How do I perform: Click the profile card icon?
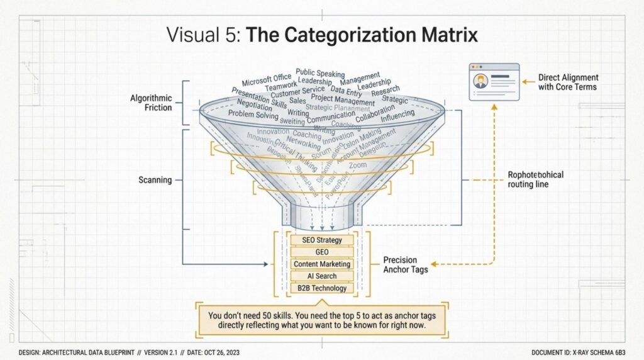tap(495, 82)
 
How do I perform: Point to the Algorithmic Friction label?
tap(151, 103)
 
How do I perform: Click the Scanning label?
tap(155, 180)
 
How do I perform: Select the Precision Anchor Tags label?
tap(406, 264)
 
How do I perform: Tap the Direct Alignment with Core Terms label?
tap(568, 82)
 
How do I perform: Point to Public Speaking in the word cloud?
tap(320, 74)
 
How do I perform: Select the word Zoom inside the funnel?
tap(357, 165)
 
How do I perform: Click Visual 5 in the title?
tap(203, 35)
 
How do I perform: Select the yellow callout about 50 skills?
tap(321, 320)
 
